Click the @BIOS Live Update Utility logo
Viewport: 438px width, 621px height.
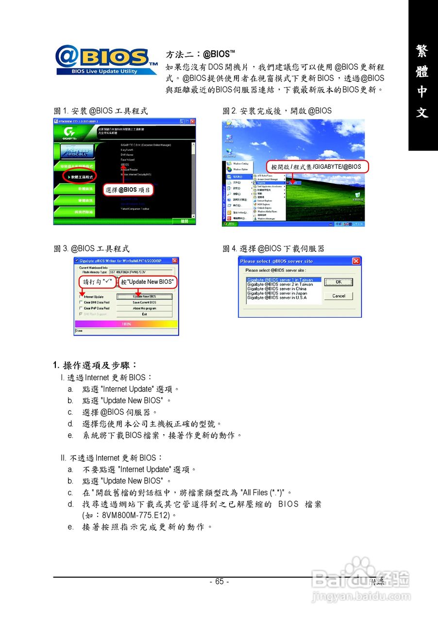[106, 61]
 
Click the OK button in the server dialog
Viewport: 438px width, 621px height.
[338, 282]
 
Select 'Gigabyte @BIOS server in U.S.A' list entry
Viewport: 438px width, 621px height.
[276, 298]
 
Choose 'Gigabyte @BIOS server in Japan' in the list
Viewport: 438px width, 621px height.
[277, 294]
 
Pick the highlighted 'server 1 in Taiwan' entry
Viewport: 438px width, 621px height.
[284, 280]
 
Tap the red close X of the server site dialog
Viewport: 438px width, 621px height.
[356, 261]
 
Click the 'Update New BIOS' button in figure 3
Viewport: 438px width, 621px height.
[144, 296]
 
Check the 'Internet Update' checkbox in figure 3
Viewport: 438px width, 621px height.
[81, 296]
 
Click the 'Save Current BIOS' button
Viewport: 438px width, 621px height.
[144, 302]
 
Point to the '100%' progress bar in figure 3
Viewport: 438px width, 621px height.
[126, 324]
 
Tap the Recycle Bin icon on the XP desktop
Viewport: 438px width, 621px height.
[357, 195]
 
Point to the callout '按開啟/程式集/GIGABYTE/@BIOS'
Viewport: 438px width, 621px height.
[316, 166]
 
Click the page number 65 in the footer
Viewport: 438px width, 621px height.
[219, 582]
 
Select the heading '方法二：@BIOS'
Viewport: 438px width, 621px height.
[201, 54]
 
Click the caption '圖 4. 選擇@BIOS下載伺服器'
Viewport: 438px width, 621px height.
[273, 249]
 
